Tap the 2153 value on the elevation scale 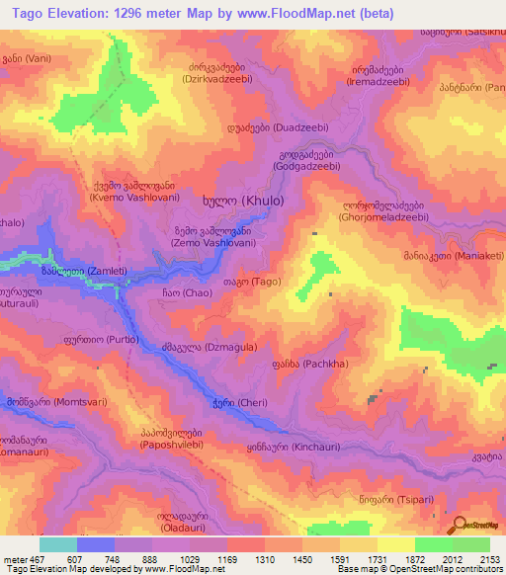pos(487,560)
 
